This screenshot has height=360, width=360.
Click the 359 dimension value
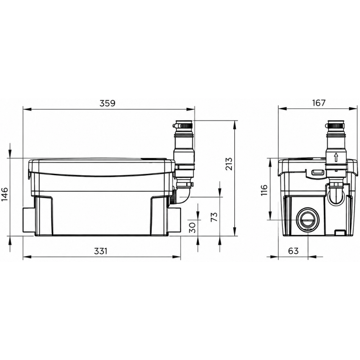[107, 103]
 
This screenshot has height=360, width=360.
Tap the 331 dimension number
[101, 251]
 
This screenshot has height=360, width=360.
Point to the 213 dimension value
[229, 164]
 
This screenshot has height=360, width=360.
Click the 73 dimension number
[213, 217]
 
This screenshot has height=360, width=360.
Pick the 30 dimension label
[193, 228]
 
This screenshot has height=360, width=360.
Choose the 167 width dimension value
[319, 103]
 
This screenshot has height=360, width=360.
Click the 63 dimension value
[293, 251]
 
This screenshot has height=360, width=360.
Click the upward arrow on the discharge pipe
[336, 158]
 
